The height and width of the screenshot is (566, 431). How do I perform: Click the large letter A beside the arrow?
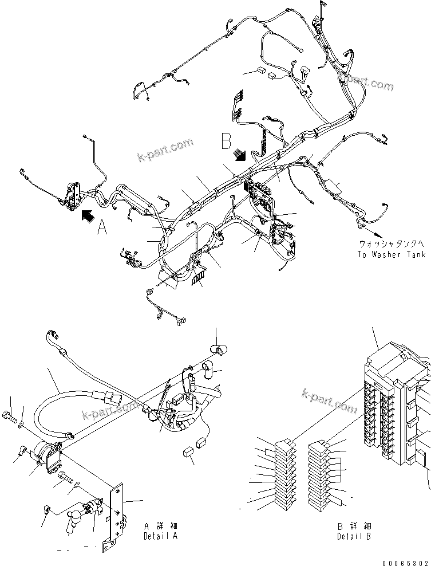pyautogui.click(x=102, y=228)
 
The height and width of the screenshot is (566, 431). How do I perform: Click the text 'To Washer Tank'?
pyautogui.click(x=392, y=254)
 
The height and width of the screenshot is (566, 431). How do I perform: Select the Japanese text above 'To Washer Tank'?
pyautogui.click(x=392, y=243)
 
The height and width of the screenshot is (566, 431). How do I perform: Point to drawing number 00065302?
pyautogui.click(x=408, y=560)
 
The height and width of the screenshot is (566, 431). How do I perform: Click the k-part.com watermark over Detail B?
pyautogui.click(x=328, y=399)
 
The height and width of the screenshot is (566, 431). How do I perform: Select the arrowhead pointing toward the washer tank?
pyautogui.click(x=377, y=234)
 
